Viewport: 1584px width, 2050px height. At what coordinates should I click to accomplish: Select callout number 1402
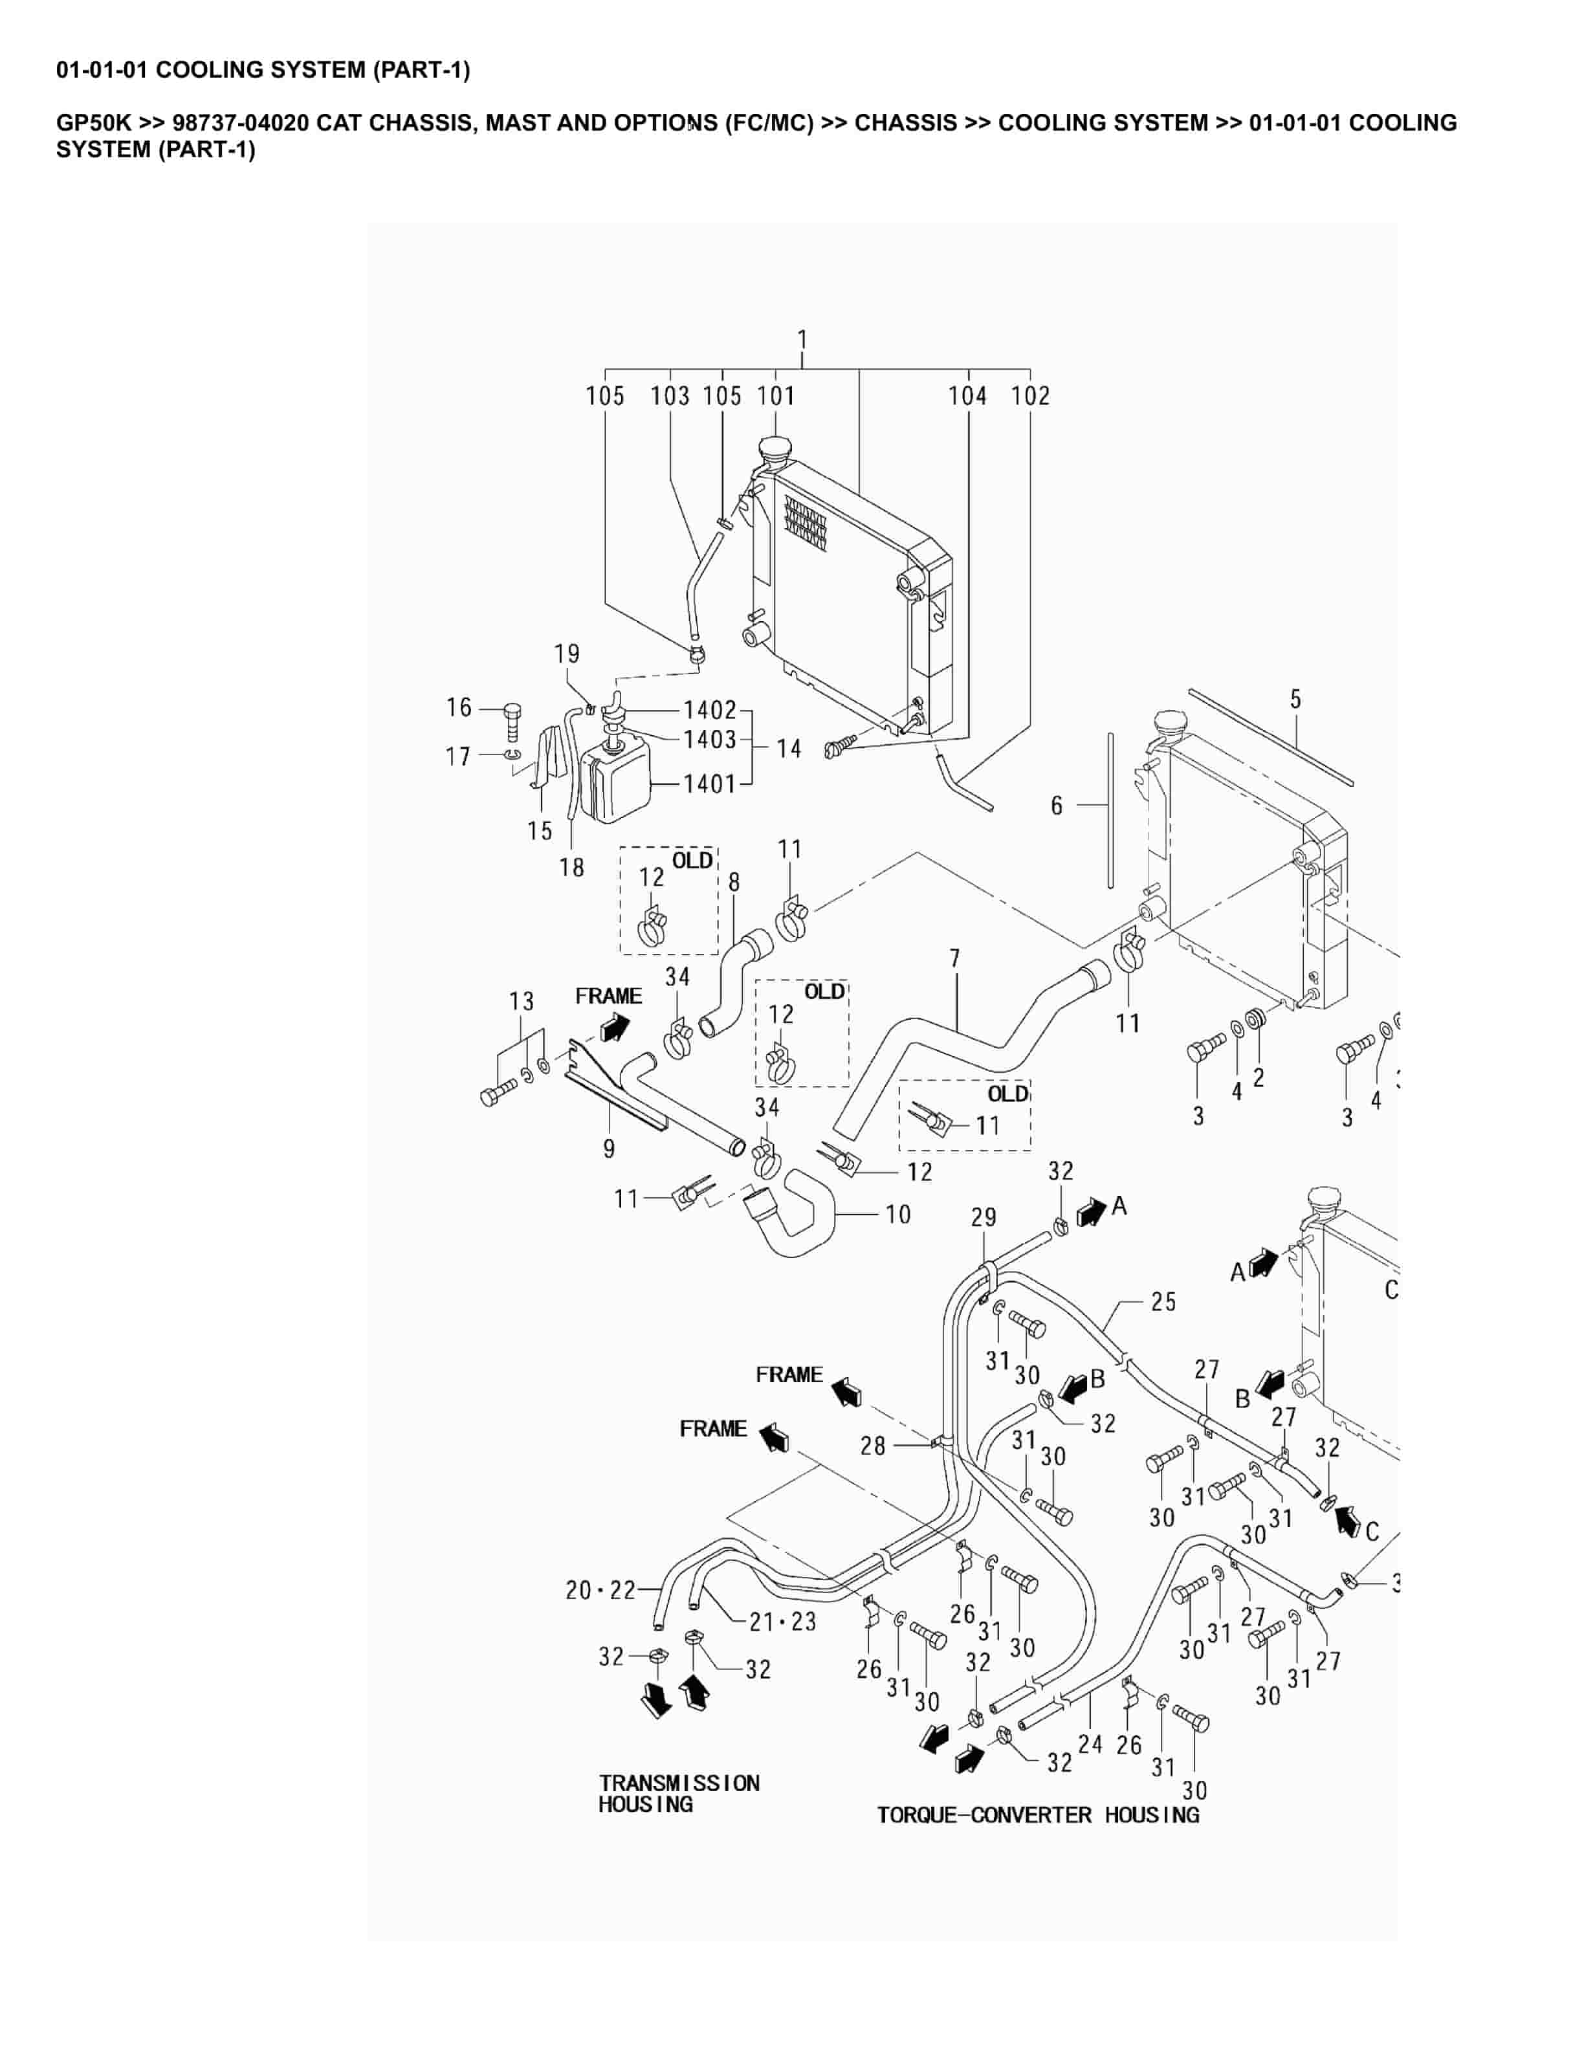tap(709, 710)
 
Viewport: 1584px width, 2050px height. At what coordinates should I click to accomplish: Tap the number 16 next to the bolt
tap(459, 708)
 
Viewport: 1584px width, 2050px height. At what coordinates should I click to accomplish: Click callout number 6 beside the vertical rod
tap(1057, 806)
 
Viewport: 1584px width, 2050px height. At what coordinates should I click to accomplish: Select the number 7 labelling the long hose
tap(954, 958)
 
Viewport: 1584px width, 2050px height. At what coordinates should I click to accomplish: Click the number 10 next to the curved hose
tap(898, 1215)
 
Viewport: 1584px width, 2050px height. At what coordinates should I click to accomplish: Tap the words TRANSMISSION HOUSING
tap(679, 1794)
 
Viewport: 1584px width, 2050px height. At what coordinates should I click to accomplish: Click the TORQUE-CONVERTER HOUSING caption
tap(1038, 1815)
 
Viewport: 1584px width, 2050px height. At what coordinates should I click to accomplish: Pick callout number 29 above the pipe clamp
tap(984, 1217)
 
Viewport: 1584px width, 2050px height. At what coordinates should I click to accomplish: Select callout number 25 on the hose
tap(1163, 1302)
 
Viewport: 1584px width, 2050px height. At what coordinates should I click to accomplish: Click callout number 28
tap(873, 1446)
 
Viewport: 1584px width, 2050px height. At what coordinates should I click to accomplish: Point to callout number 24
tap(1090, 1744)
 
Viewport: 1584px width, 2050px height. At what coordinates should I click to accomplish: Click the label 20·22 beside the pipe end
tap(600, 1590)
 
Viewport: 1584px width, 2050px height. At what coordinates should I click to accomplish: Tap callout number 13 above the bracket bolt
tap(522, 1002)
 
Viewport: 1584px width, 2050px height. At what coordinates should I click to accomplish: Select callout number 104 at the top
tap(967, 396)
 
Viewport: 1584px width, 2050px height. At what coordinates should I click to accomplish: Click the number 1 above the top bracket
tap(802, 339)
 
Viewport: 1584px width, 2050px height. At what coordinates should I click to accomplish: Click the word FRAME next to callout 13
tap(608, 996)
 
